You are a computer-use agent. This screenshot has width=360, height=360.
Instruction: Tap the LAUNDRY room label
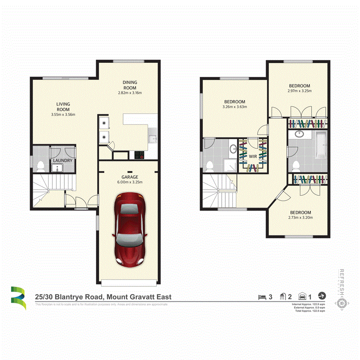[63, 161]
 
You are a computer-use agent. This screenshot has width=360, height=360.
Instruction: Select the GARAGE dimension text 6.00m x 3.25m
[130, 182]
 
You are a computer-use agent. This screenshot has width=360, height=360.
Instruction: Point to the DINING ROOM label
[130, 85]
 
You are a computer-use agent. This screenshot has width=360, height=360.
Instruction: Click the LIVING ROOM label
[63, 107]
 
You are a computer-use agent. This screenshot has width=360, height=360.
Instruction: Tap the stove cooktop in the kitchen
[140, 155]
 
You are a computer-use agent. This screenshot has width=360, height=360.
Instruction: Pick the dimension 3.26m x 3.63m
[234, 107]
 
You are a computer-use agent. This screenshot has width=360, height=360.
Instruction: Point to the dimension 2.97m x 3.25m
[300, 91]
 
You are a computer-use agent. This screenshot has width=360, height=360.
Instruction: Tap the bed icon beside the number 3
[262, 296]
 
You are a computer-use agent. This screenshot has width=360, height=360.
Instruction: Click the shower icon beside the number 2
[283, 296]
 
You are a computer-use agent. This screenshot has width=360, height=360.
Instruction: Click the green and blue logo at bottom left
[18, 298]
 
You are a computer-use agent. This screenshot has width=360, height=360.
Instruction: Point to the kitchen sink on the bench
[152, 139]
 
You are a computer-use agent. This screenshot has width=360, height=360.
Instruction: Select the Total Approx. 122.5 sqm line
[309, 311]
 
